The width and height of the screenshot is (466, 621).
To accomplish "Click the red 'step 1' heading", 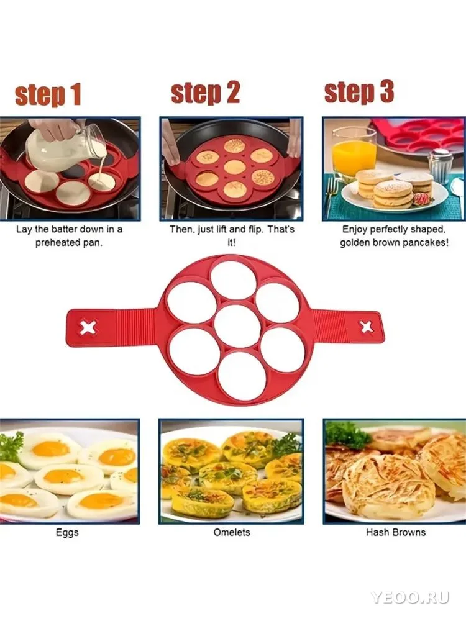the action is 48,94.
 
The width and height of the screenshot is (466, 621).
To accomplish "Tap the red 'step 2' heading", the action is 205,93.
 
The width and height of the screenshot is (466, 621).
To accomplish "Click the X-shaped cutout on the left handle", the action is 88,327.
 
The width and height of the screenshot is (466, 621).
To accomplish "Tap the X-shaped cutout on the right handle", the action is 365,327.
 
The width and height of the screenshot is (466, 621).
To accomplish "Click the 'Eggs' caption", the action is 67,533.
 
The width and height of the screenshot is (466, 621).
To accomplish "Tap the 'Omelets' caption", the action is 232,532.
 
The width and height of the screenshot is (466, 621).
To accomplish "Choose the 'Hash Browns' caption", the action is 395,532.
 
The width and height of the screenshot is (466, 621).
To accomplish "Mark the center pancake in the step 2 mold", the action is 234,166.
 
